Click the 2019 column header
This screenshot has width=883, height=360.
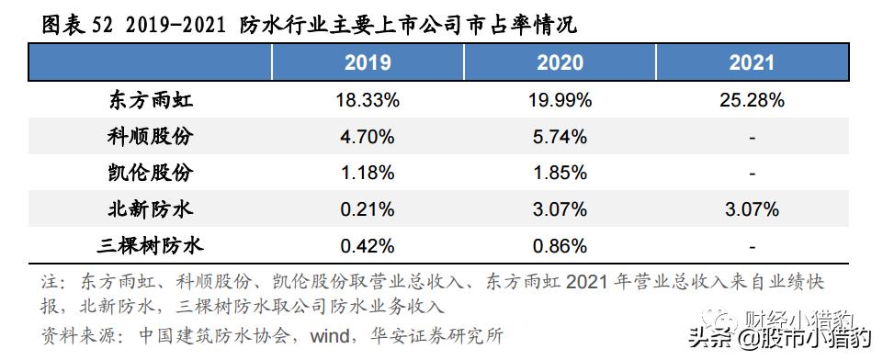coord(368,63)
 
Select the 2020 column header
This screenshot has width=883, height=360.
coord(560,63)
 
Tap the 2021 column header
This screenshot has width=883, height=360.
coord(752,63)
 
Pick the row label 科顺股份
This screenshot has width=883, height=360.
coord(150,138)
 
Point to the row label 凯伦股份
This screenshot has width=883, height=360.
coord(150,174)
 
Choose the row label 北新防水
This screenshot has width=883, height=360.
coord(150,210)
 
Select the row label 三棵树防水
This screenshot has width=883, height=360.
coord(150,246)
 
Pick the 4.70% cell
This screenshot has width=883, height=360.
coord(368,138)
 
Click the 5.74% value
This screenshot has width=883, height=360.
coord(560,138)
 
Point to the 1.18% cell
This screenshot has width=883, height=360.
coord(368,174)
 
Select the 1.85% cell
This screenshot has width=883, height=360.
coord(560,174)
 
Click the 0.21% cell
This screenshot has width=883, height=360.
coord(368,210)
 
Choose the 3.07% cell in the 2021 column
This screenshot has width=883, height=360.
coord(752,210)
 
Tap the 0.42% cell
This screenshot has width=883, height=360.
coord(368,246)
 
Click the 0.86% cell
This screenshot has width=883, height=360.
coord(560,246)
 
